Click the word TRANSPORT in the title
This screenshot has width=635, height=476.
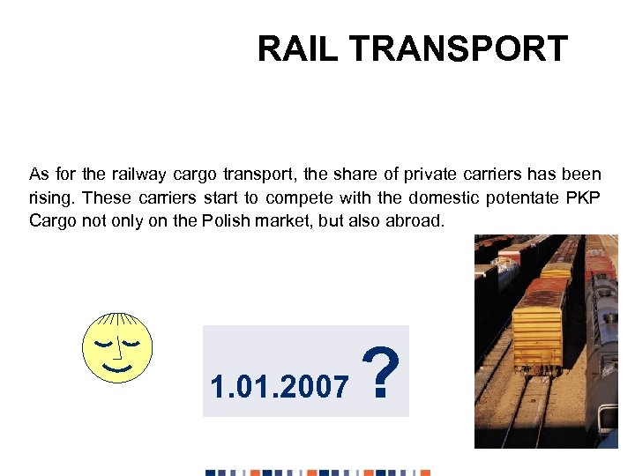pyautogui.click(x=458, y=49)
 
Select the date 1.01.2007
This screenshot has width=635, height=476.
pyautogui.click(x=279, y=385)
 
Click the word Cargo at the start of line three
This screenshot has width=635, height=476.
pyautogui.click(x=53, y=220)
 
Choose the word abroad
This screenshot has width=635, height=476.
pyautogui.click(x=415, y=220)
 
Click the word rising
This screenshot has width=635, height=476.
pyautogui.click(x=51, y=197)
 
